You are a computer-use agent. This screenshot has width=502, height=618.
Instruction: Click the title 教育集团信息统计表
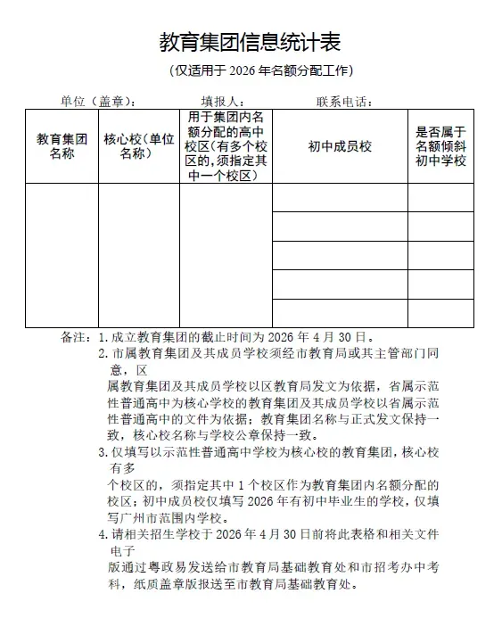tap(250, 42)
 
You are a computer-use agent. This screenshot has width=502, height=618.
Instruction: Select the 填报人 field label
tap(223, 101)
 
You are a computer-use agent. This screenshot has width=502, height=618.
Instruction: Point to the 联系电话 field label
tap(344, 101)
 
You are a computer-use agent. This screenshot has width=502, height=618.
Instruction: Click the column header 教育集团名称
tap(62, 146)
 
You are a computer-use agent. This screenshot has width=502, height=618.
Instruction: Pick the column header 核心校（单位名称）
tap(138, 146)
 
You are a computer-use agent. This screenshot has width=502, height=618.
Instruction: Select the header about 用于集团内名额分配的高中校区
tap(226, 146)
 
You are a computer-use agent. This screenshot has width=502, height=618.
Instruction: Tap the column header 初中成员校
tap(340, 146)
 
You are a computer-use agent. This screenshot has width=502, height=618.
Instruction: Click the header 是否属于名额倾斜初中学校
tap(440, 146)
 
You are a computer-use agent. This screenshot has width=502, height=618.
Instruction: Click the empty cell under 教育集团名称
tap(62, 255)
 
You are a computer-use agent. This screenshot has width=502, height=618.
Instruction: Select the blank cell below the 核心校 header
tap(138, 255)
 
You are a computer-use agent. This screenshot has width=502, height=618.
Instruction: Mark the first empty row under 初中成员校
tap(340, 198)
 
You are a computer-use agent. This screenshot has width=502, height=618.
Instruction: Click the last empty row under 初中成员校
tap(340, 313)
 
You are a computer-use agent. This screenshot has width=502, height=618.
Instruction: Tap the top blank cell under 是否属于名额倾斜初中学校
tap(440, 198)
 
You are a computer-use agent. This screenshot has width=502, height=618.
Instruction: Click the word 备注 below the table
tap(73, 338)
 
